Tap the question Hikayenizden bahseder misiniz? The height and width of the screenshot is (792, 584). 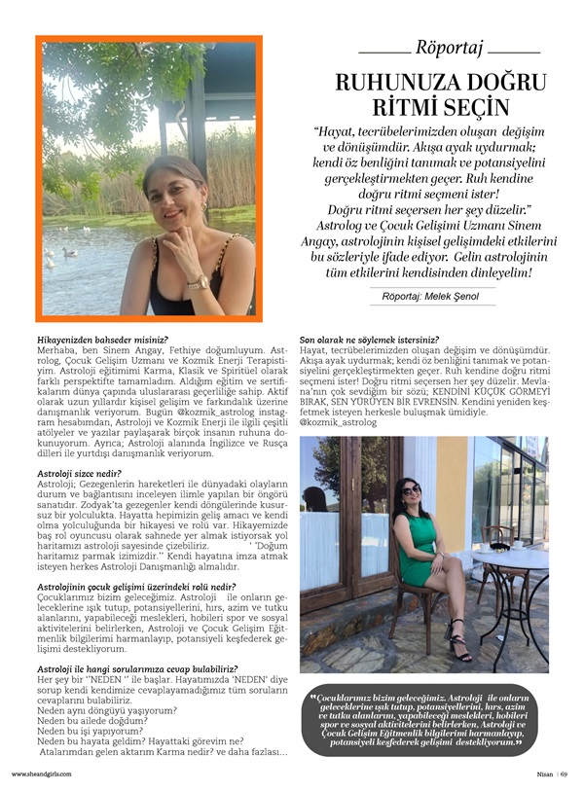tap(101, 339)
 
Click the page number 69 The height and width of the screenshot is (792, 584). tap(564, 774)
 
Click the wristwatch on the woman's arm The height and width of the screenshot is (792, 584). tap(200, 282)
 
